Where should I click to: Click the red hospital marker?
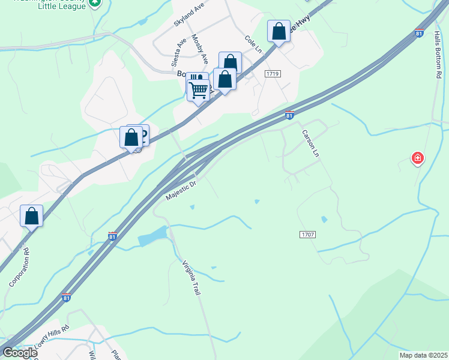coord(417,159)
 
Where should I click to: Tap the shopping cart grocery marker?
coord(199,90)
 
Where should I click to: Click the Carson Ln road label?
coord(311,143)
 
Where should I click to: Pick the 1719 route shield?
coord(274,73)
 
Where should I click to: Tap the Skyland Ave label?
coord(189,13)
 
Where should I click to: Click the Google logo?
coord(19,352)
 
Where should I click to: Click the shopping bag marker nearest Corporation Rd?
coord(31,215)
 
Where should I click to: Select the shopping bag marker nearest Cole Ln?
coord(279,31)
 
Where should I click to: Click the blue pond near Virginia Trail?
coord(154,237)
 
